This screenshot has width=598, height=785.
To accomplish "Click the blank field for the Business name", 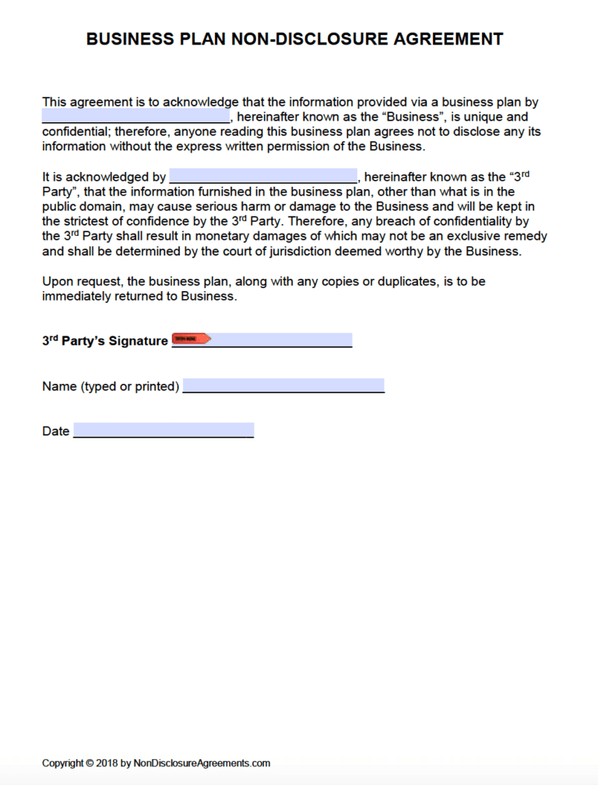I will pyautogui.click(x=135, y=117).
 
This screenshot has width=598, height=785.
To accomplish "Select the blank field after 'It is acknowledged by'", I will pyautogui.click(x=263, y=176).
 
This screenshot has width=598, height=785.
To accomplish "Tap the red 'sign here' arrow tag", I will pyautogui.click(x=191, y=339).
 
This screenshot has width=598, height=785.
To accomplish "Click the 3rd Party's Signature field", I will pyautogui.click(x=280, y=340).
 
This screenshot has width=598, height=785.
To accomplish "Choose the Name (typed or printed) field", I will pyautogui.click(x=283, y=385).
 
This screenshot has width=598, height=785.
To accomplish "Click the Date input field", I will pyautogui.click(x=164, y=430).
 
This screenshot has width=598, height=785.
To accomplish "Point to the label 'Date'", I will pyautogui.click(x=56, y=431).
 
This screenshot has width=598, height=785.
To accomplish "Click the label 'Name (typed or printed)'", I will pyautogui.click(x=111, y=386).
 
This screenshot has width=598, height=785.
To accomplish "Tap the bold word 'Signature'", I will pyautogui.click(x=138, y=341).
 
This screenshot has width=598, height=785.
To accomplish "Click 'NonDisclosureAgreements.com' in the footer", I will pyautogui.click(x=202, y=762).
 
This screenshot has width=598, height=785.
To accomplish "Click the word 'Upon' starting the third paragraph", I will pyautogui.click(x=57, y=281).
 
